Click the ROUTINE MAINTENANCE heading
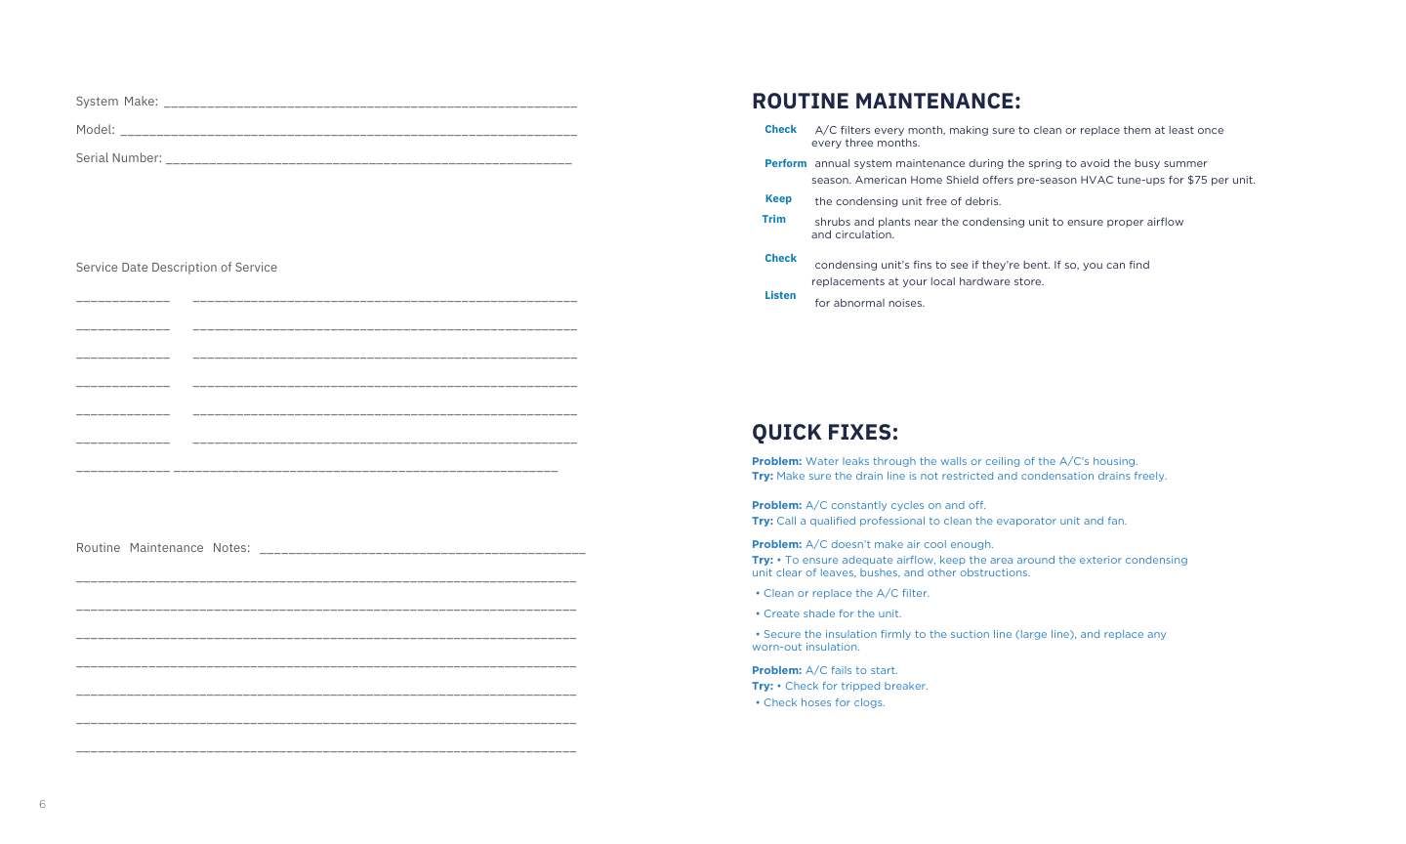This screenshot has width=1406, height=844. coord(886,102)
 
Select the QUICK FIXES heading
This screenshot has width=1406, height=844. coord(824,433)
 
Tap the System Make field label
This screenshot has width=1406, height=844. coord(116,102)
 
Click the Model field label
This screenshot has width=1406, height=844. coord(95,130)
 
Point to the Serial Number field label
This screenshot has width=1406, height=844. coord(118,158)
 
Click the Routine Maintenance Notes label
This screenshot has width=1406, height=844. coord(162,548)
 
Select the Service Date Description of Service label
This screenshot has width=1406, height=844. coord(176,268)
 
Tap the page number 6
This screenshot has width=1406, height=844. coord(42,804)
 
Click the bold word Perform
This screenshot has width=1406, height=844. coord(785,163)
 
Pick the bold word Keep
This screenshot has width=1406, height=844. coord(778,198)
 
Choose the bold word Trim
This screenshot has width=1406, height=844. coord(773,219)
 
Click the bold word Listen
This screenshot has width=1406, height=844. coord(779,295)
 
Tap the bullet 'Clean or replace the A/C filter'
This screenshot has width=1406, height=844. coord(845,593)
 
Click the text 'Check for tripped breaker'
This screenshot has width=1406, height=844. coord(855,686)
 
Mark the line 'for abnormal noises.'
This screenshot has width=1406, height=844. coord(869,303)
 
